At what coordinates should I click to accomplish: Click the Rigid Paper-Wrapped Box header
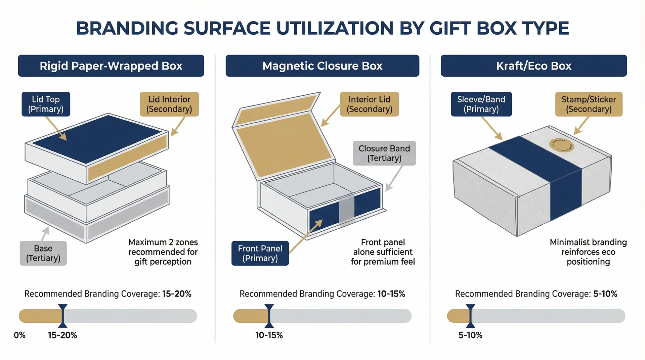coord(111,66)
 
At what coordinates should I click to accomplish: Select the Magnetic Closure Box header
coord(322,66)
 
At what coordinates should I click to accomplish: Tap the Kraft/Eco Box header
coord(533,66)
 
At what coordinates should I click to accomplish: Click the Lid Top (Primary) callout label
coord(46,104)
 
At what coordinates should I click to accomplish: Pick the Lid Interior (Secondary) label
coord(169,104)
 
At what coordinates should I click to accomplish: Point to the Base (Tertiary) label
coord(43,253)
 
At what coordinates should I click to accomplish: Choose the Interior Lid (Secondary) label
coord(369,104)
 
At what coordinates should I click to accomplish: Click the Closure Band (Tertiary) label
coord(384,153)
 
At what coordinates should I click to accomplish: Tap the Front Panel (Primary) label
coord(260,253)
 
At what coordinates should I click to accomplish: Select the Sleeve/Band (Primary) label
coord(481,104)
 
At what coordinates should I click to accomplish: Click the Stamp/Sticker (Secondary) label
coord(589,104)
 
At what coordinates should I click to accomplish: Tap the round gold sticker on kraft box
coord(561,145)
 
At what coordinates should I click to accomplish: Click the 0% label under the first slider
coord(19,335)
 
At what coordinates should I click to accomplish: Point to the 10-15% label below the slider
coord(269,335)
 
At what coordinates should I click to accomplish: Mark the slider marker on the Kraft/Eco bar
coord(470,316)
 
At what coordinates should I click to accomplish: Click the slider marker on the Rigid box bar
coord(62,316)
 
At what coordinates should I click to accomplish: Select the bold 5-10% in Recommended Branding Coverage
coord(605,294)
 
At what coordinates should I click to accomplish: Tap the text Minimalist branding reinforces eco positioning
coord(588,252)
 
